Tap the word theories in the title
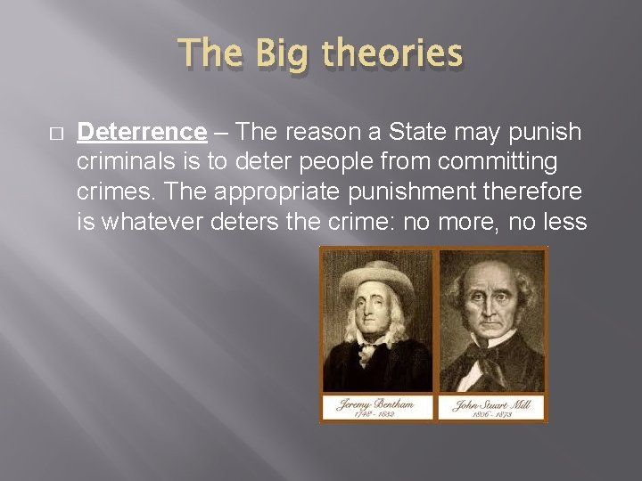(392, 53)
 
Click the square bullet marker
(55, 133)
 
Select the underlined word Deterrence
(142, 132)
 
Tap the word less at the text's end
(563, 222)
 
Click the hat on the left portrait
(375, 271)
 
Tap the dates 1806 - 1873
(491, 413)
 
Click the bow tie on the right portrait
(493, 349)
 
